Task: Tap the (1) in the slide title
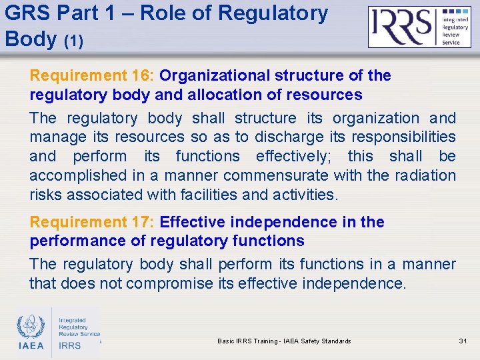[73, 41]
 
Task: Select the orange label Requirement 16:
[92, 75]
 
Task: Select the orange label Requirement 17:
[92, 222]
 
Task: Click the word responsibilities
[405, 137]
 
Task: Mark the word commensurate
[276, 176]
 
